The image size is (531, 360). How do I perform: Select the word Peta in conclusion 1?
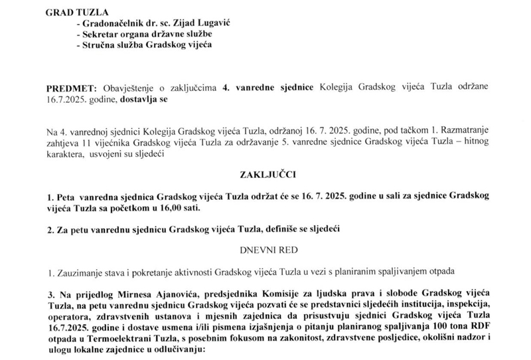pyautogui.click(x=65, y=197)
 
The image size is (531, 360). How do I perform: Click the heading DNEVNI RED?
pyautogui.click(x=265, y=250)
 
